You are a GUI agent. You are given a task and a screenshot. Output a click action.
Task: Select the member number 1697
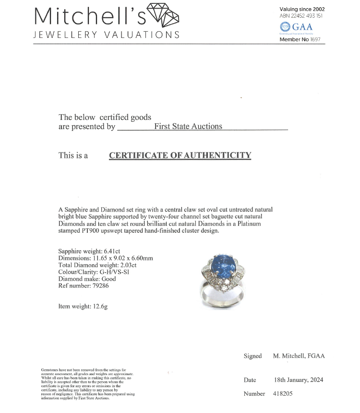coord(314,39)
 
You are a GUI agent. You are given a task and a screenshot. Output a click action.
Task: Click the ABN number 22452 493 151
coord(308,16)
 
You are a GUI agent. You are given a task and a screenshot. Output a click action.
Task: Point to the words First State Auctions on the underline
coord(188,127)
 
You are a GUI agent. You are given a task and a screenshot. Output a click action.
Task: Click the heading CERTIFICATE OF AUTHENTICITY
coord(180,155)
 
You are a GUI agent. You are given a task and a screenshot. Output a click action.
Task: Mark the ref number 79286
coord(102,286)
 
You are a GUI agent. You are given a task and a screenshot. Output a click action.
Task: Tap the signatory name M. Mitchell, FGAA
coord(299,356)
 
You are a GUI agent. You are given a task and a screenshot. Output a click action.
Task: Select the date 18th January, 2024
coord(298,380)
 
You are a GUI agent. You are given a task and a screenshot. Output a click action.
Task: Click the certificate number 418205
coord(282,394)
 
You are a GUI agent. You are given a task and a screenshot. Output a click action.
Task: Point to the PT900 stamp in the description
coord(94,231)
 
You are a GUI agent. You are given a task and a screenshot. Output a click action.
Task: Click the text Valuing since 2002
coord(302,9)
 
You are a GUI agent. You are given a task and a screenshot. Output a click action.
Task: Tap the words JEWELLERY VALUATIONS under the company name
coord(107,35)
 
